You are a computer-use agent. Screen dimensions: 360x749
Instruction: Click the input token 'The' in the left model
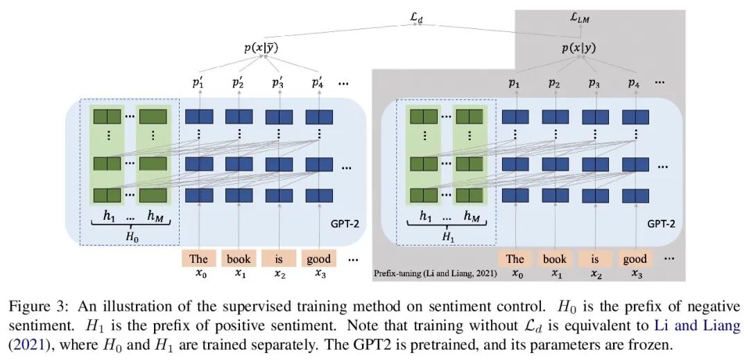(199, 259)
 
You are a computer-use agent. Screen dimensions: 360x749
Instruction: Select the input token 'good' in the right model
(635, 259)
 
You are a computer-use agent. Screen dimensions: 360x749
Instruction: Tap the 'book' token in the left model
(239, 259)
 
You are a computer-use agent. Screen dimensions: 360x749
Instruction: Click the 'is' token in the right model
(594, 259)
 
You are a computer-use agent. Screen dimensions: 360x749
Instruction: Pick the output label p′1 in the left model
(199, 83)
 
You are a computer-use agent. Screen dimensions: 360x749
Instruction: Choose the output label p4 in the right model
(634, 83)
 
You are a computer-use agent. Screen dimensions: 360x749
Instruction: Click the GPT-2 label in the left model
(345, 225)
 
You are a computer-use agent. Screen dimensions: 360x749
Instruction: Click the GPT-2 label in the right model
(661, 225)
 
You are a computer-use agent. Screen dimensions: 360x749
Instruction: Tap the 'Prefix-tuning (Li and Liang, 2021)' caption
(435, 274)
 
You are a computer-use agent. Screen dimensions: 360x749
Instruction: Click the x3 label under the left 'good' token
(319, 274)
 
